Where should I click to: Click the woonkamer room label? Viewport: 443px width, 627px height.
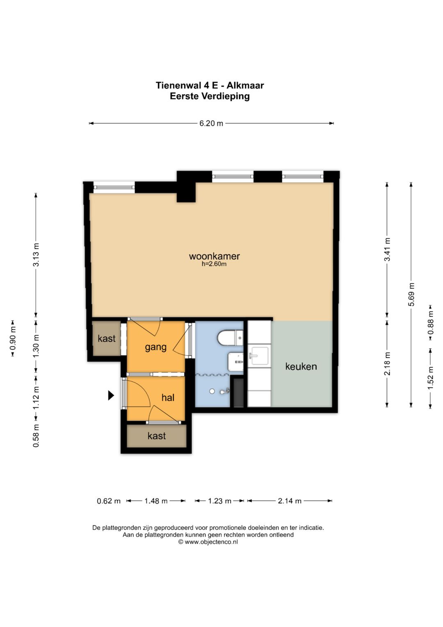(x=214, y=256)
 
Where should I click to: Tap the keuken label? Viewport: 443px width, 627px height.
(x=301, y=366)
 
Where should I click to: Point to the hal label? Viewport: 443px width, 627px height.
(x=168, y=397)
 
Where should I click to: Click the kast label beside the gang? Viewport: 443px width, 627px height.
(x=107, y=339)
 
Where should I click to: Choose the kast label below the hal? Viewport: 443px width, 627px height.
(x=157, y=436)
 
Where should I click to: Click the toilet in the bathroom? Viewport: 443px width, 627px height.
(x=230, y=338)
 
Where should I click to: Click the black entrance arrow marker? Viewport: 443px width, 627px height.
(x=111, y=395)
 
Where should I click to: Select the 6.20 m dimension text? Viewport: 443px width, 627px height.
(x=211, y=124)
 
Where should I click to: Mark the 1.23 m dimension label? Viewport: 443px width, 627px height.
(x=219, y=501)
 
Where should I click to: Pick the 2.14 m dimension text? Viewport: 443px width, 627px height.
(x=290, y=501)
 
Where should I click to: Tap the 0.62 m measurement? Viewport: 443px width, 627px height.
(x=109, y=501)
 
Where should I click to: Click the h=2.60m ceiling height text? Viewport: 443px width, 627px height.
(x=214, y=264)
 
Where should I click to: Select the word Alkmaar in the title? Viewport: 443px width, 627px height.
(x=245, y=85)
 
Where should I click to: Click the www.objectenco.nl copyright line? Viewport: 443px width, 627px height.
(x=208, y=542)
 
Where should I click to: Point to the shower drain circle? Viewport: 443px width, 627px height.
(x=212, y=392)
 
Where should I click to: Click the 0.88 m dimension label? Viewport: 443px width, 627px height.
(x=431, y=323)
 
